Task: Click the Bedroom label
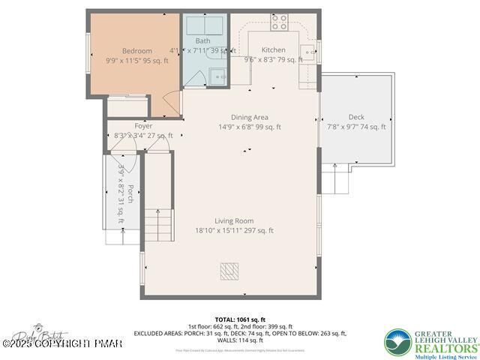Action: [x=136, y=51]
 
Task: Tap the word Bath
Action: [x=202, y=40]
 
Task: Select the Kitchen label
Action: [x=273, y=50]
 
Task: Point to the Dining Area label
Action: [x=249, y=117]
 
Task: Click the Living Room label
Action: [x=233, y=221]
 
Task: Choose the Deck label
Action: [x=356, y=117]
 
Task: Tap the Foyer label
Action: [x=143, y=126]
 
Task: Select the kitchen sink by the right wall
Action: [x=307, y=52]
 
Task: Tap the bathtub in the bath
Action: [x=205, y=25]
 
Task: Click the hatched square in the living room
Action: [x=229, y=271]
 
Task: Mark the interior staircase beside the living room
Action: [x=158, y=222]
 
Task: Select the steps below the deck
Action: [x=337, y=181]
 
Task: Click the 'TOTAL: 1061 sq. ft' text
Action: [x=240, y=319]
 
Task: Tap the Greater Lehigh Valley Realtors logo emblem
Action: [x=400, y=343]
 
